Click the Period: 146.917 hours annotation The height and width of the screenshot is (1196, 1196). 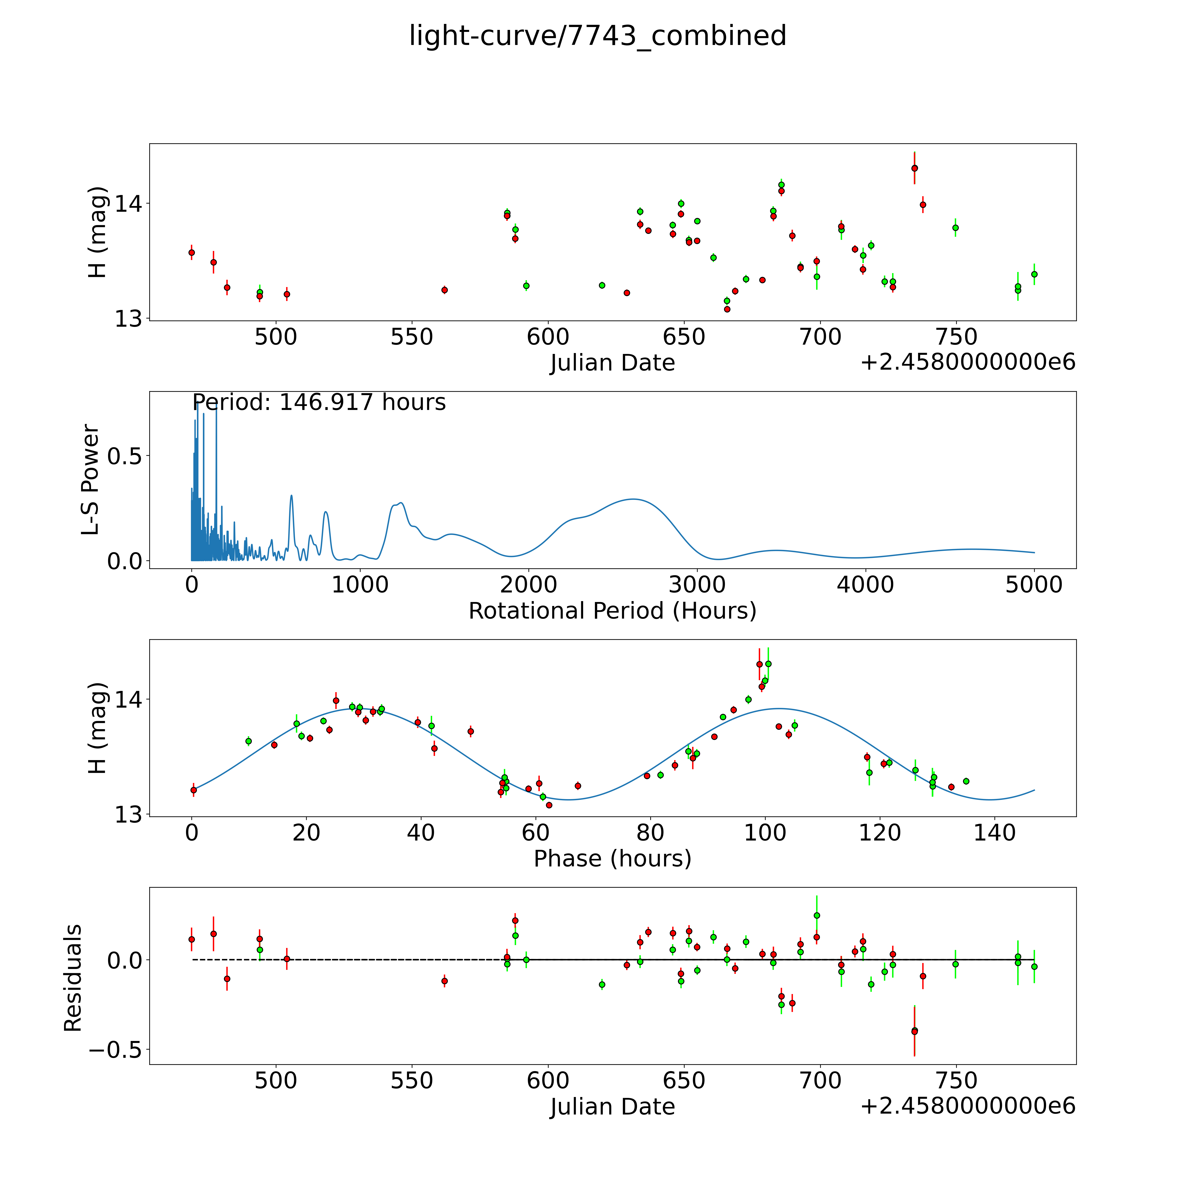click(x=319, y=402)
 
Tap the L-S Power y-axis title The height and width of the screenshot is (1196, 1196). click(x=90, y=480)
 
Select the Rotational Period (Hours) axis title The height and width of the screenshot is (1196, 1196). click(x=612, y=611)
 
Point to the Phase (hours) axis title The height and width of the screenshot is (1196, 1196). click(x=612, y=859)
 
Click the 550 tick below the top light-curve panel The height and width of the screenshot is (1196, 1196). click(x=412, y=337)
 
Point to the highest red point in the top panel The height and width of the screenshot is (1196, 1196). click(x=914, y=168)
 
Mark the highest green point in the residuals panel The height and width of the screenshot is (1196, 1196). click(x=817, y=915)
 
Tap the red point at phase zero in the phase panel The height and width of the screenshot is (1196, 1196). click(x=194, y=790)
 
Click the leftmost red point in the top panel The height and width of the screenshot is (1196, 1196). click(x=191, y=252)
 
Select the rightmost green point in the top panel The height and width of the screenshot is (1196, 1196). click(x=1034, y=274)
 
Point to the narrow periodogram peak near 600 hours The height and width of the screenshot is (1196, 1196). click(x=291, y=495)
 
